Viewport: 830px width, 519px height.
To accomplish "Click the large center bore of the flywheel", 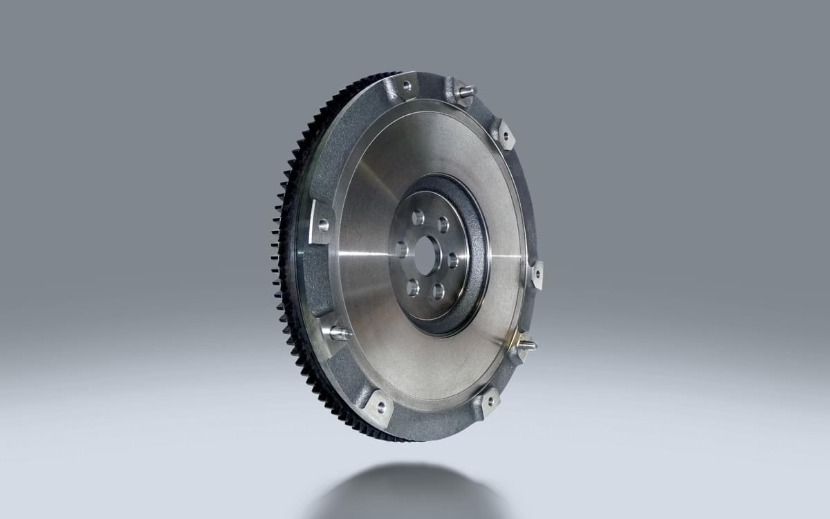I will click(428, 254).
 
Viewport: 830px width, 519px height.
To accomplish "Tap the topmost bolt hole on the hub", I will click(418, 217).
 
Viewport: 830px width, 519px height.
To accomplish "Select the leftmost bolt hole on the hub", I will click(402, 249).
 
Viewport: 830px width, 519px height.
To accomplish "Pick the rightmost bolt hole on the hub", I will click(453, 262).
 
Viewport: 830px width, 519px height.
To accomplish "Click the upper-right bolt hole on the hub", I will click(443, 224).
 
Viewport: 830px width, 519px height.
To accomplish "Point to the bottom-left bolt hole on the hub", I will click(413, 286).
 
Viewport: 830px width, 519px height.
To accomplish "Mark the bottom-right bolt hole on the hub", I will click(438, 291).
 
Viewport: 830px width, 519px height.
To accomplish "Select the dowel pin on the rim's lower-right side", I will click(528, 344).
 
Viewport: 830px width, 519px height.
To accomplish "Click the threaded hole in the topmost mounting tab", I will click(407, 86).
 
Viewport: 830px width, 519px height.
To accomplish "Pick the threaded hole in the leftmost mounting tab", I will click(323, 224).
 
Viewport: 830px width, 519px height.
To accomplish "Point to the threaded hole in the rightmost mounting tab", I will click(537, 273).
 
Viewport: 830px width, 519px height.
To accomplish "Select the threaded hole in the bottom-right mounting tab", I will click(489, 400).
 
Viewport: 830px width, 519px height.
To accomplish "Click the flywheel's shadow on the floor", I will click(408, 491).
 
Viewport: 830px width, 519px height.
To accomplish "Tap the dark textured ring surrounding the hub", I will click(477, 291).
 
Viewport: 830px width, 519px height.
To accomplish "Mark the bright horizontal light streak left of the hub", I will click(367, 253).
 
